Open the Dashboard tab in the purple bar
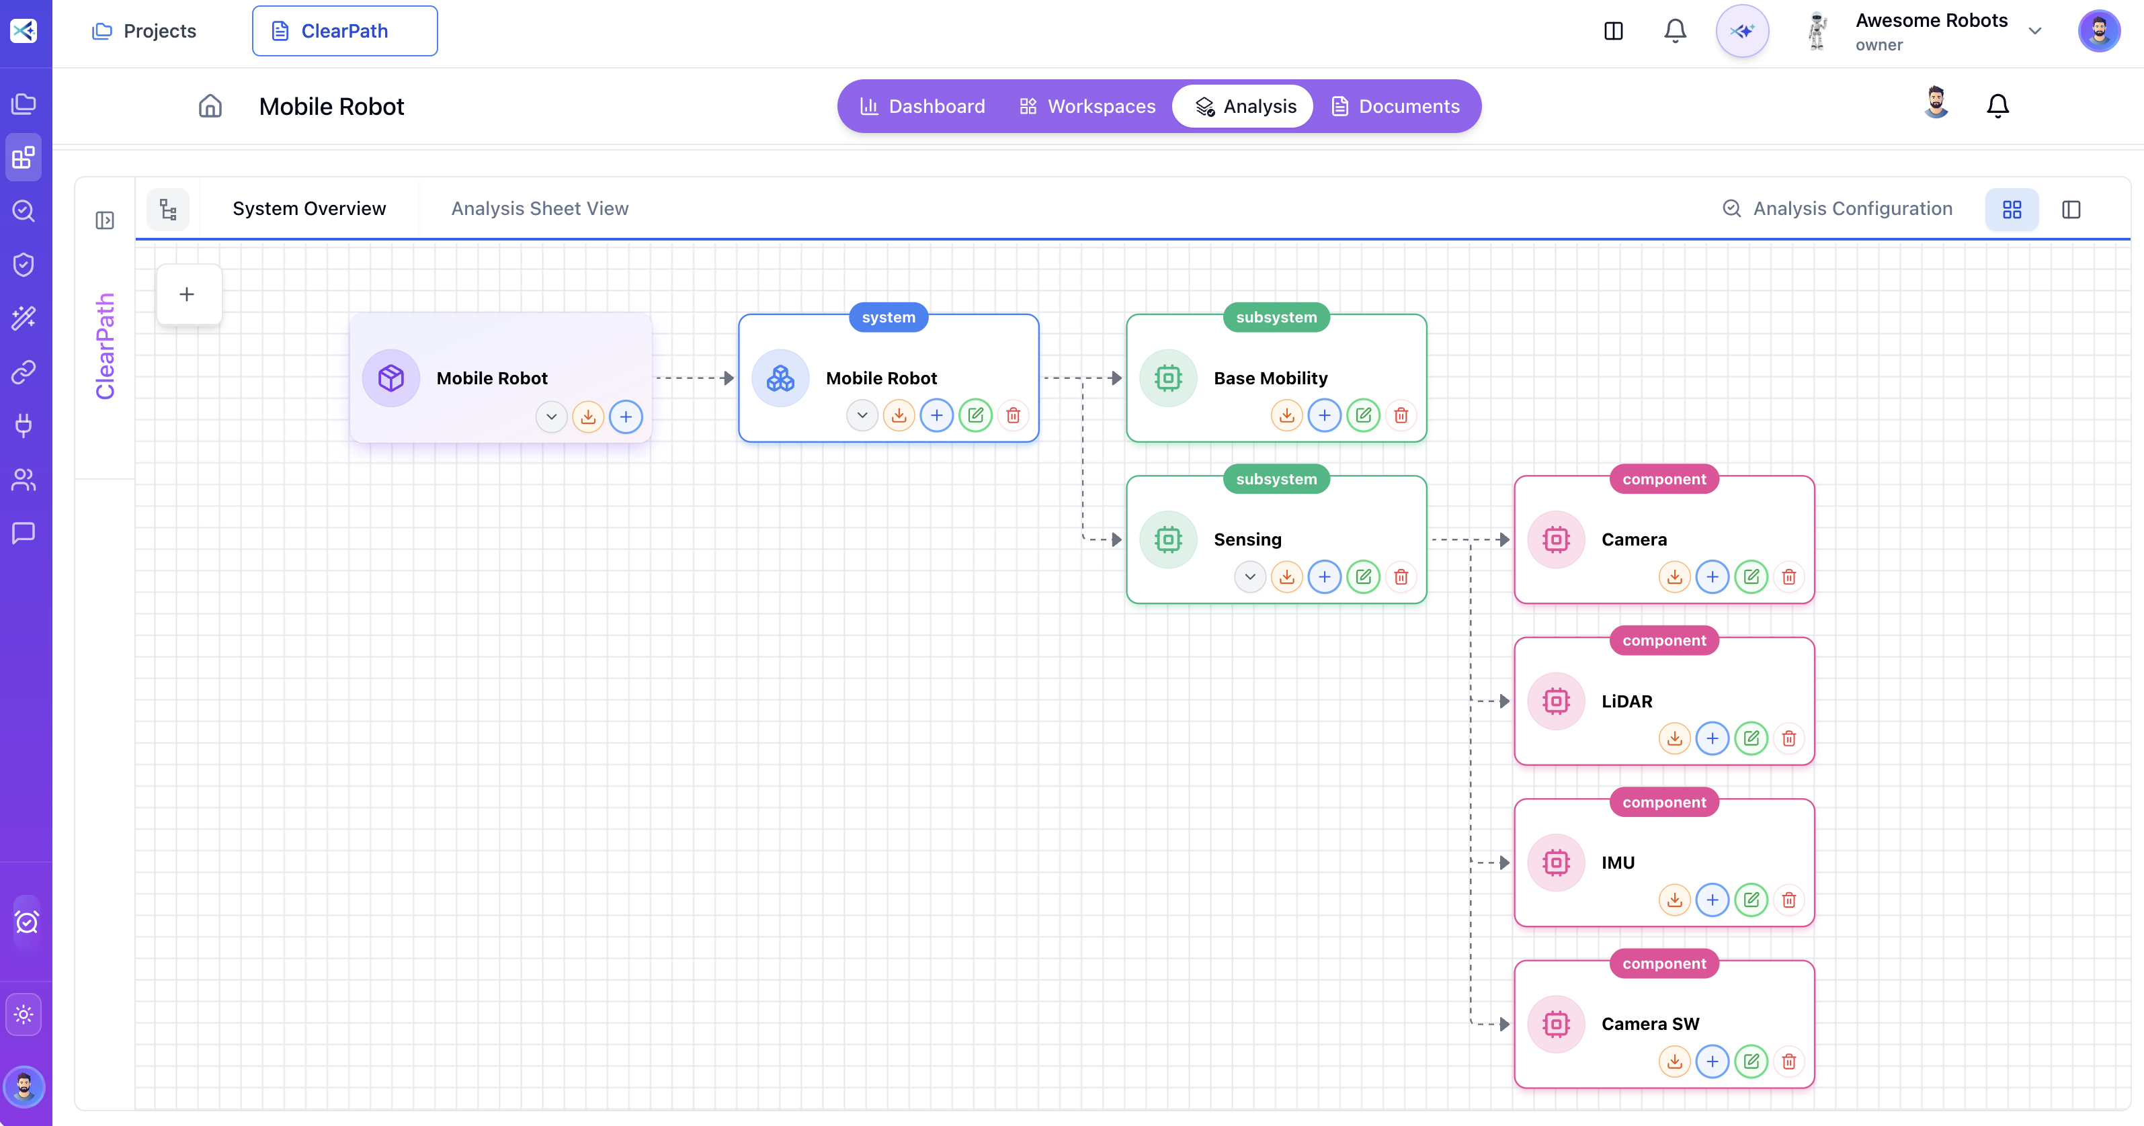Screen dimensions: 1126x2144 [x=922, y=107]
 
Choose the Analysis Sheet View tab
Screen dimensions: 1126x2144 [x=539, y=209]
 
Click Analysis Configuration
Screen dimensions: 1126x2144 [x=1837, y=209]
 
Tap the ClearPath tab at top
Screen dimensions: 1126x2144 [x=345, y=32]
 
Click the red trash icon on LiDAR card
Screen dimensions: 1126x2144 [x=1788, y=739]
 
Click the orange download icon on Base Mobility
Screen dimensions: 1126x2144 [x=1286, y=416]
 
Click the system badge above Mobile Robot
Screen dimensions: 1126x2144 [x=888, y=317]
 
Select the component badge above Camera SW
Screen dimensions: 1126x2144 [x=1663, y=963]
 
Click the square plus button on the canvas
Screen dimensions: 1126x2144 [x=188, y=295]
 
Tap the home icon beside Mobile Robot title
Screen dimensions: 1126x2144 [x=210, y=107]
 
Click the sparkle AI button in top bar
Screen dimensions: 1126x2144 [x=1742, y=32]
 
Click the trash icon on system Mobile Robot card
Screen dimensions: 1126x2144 [x=1013, y=416]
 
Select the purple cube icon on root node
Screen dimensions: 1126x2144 [x=391, y=378]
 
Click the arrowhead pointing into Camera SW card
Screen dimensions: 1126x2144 [x=1504, y=1025]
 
